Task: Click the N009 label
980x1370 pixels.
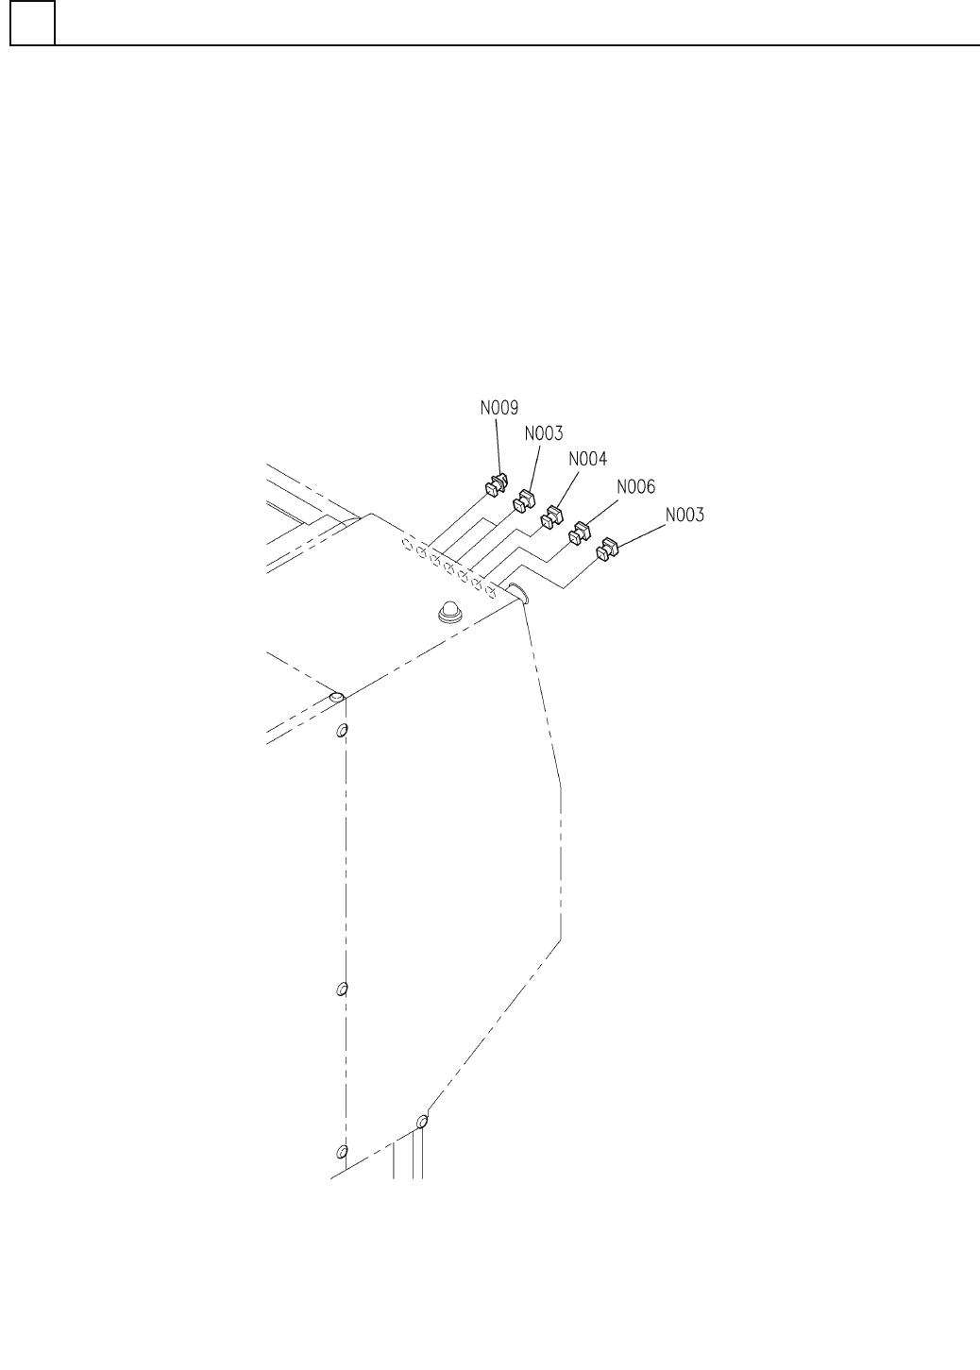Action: coord(498,409)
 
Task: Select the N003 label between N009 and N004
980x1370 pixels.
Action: coord(543,433)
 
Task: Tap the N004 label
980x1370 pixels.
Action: coord(588,459)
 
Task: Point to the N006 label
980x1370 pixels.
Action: coord(635,487)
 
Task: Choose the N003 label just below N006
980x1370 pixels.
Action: coord(684,516)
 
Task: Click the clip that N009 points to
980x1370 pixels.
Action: coord(496,486)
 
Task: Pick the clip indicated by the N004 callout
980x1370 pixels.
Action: coord(550,517)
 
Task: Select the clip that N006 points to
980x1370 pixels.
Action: coord(578,533)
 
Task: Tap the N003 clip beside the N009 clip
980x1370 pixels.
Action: coord(524,500)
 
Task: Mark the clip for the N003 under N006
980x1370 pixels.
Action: coord(608,549)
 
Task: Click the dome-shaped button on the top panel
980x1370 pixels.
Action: coord(449,613)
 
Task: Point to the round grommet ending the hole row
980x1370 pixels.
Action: coord(516,594)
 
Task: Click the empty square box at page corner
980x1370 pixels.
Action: coord(32,23)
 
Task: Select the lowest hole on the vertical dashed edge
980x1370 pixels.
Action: coord(343,1152)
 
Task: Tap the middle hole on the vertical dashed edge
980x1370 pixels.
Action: coord(343,989)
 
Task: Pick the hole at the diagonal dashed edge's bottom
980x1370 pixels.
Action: coord(422,1122)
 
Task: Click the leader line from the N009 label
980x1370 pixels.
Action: coord(498,448)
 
